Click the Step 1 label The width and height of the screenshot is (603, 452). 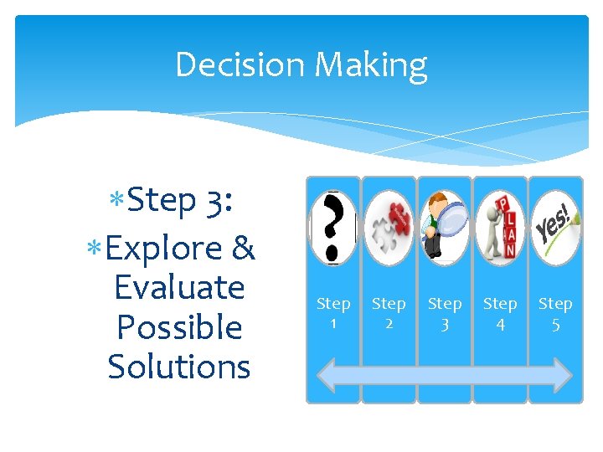[333, 312]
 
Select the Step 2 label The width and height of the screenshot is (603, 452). [389, 312]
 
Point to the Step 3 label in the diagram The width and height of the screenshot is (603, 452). [445, 312]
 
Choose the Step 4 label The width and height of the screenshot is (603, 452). [500, 312]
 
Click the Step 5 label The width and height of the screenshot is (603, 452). [555, 312]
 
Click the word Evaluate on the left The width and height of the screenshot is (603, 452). [179, 288]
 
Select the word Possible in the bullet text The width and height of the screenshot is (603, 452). [179, 327]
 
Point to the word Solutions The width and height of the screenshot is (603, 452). [179, 367]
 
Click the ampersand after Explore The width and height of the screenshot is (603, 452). [242, 249]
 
